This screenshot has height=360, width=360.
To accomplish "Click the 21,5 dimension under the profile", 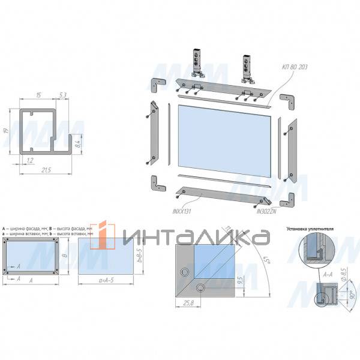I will tap(46, 171).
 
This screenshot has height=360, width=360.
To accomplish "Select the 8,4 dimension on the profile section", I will tap(77, 142).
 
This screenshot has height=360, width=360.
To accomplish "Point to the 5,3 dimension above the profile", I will tap(63, 95).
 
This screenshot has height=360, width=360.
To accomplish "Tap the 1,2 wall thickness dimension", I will tap(29, 160).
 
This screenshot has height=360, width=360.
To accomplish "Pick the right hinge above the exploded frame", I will tap(245, 68).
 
